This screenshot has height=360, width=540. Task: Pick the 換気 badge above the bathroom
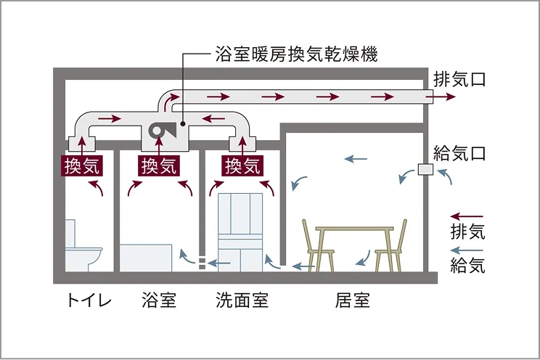click(159, 166)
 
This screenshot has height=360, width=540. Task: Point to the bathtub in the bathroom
click(145, 258)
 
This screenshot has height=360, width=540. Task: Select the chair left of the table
click(320, 247)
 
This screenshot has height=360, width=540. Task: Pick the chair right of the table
click(391, 247)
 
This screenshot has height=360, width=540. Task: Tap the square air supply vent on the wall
click(426, 170)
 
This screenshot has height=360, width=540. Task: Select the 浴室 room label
click(160, 300)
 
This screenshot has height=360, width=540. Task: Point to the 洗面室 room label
click(242, 300)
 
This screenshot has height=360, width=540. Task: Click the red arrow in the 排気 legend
click(467, 216)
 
